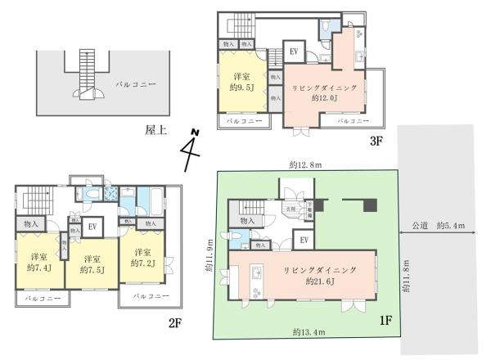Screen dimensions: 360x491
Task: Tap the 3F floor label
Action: pos(376,141)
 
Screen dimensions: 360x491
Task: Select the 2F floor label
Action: pos(175,323)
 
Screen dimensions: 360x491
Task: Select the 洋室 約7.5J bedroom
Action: pos(91,263)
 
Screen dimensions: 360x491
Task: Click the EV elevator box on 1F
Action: pos(303,239)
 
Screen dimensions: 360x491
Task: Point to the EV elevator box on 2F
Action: pos(93,227)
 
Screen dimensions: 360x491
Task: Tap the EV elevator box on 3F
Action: pos(294,52)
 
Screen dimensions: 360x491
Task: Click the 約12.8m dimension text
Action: pos(304,163)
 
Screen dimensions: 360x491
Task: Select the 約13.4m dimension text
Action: pos(307,331)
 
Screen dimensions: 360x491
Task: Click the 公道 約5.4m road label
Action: pos(439,225)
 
